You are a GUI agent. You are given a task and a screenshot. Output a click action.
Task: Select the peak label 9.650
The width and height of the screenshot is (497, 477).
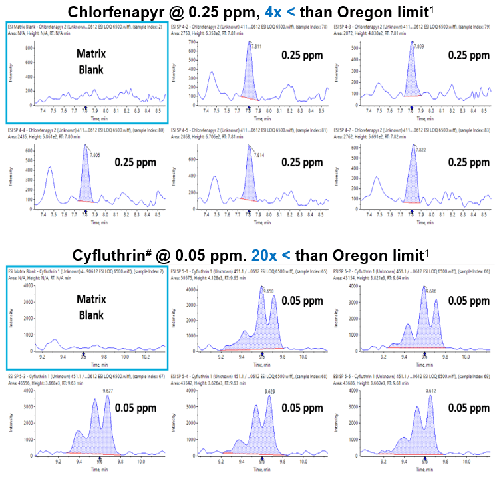268,291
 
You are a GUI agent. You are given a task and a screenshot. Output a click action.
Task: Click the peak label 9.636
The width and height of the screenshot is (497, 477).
430,291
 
